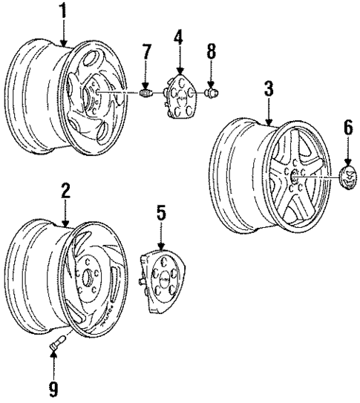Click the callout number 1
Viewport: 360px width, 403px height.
[x=63, y=11]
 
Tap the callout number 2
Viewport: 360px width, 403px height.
[x=65, y=191]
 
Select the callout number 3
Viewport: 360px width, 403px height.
[x=269, y=90]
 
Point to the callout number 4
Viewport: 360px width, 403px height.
[x=178, y=36]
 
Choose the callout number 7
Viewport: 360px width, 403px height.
[x=147, y=52]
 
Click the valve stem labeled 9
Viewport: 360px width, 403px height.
[x=57, y=345]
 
